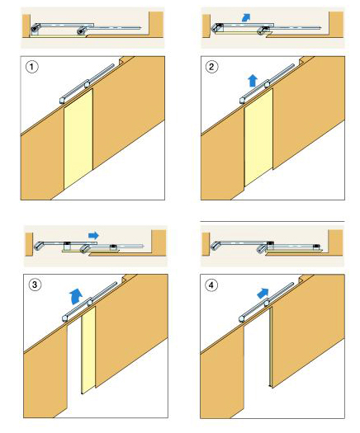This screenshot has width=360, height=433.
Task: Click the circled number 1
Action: click(32, 67)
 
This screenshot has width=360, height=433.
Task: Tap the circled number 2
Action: click(212, 67)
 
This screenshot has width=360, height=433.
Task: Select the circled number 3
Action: click(35, 285)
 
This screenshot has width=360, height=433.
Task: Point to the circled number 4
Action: click(211, 285)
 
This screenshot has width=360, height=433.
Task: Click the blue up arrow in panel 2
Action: click(253, 81)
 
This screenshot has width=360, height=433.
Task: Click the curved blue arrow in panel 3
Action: click(75, 296)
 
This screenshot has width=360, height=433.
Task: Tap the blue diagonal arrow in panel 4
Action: click(263, 293)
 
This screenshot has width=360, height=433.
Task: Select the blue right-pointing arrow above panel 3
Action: click(93, 235)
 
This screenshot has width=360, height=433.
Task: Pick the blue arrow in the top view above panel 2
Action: click(245, 17)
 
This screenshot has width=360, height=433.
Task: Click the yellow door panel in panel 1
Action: click(78, 139)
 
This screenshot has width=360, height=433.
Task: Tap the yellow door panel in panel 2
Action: click(258, 137)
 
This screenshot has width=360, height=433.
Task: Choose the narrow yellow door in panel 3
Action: click(88, 350)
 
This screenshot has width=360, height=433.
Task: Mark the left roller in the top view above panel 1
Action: click(35, 28)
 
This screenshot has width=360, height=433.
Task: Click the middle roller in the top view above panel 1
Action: click(81, 31)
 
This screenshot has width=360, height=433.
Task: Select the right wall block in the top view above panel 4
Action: click(335, 242)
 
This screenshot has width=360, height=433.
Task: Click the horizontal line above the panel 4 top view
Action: click(272, 222)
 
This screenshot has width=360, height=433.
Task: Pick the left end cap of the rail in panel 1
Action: click(63, 100)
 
